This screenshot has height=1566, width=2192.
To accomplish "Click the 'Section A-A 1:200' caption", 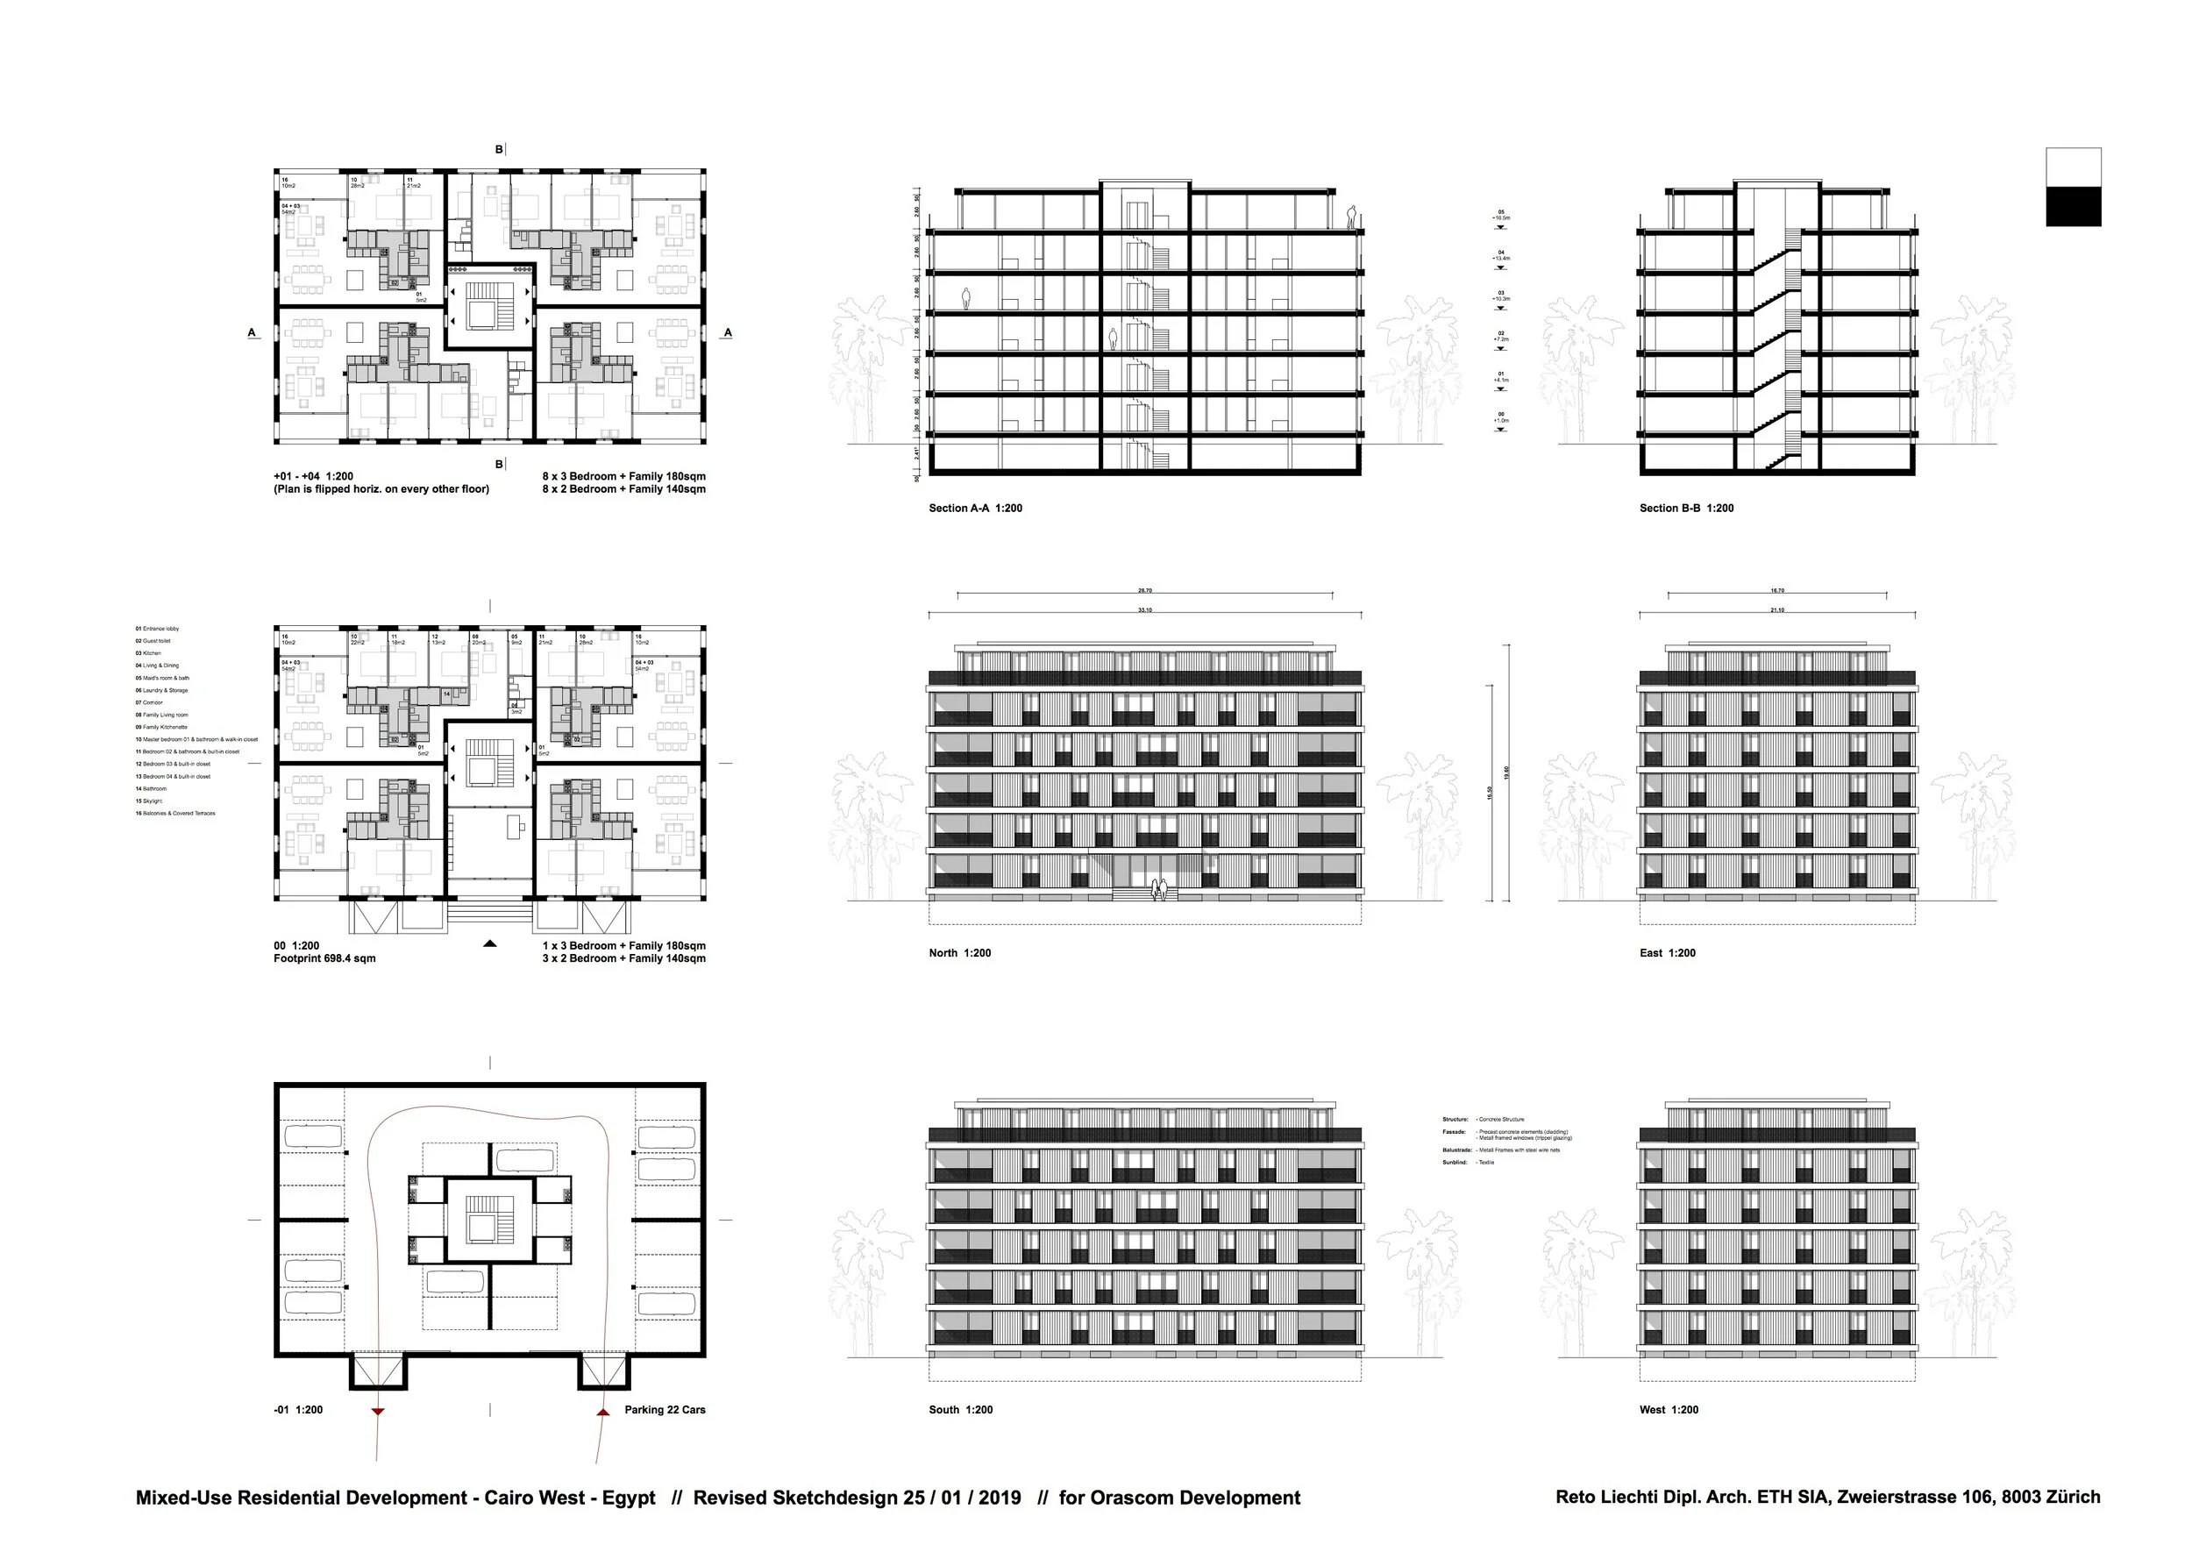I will pyautogui.click(x=975, y=509).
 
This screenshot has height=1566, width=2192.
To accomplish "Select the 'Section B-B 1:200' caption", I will pyautogui.click(x=1686, y=509).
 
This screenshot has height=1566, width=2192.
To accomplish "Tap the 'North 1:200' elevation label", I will pyautogui.click(x=958, y=953).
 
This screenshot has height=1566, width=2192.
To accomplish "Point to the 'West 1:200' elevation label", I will pyautogui.click(x=1669, y=1410).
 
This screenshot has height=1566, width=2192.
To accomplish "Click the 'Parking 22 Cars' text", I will pyautogui.click(x=665, y=1410).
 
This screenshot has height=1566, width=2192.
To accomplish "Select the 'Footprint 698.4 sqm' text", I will pyautogui.click(x=324, y=958).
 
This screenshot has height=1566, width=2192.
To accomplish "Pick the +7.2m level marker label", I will pyautogui.click(x=1500, y=338).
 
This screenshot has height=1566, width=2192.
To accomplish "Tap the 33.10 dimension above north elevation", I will pyautogui.click(x=1145, y=610).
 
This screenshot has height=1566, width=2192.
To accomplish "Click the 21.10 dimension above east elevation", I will pyautogui.click(x=1776, y=610).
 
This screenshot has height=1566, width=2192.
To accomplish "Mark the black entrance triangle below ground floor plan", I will pyautogui.click(x=490, y=944).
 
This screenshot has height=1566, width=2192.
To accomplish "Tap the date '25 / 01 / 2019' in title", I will pyautogui.click(x=962, y=1498).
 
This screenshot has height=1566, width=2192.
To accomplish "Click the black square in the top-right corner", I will pyautogui.click(x=2073, y=206).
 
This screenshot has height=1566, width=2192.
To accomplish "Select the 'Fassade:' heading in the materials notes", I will pyautogui.click(x=1454, y=1131).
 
